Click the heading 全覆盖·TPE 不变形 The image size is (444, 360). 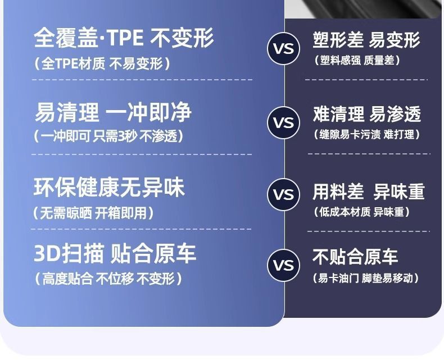[x=124, y=38]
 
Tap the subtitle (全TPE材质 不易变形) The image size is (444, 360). [x=102, y=63]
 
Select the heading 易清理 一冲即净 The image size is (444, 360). [x=114, y=112]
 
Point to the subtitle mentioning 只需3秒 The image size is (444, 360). [x=108, y=136]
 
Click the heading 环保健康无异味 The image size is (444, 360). [x=109, y=187]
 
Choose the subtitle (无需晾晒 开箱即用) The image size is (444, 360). [x=93, y=213]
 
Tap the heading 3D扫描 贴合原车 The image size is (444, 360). [x=115, y=254]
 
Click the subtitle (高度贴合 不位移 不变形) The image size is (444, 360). [x=108, y=279]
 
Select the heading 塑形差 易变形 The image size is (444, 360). [x=366, y=40]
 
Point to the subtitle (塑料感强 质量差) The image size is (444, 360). [x=357, y=60]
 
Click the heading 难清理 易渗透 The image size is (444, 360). [x=367, y=114]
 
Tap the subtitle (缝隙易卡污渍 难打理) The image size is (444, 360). [x=367, y=134]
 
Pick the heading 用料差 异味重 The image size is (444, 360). [x=369, y=192]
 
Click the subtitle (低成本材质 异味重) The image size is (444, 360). [x=362, y=212]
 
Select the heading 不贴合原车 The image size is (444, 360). [x=355, y=257]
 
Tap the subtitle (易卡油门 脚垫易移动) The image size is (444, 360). [x=366, y=278]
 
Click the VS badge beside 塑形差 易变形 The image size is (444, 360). [x=284, y=49]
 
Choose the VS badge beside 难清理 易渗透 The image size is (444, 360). [x=284, y=122]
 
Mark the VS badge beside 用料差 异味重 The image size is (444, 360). [x=284, y=194]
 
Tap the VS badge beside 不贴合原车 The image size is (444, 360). [x=284, y=265]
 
